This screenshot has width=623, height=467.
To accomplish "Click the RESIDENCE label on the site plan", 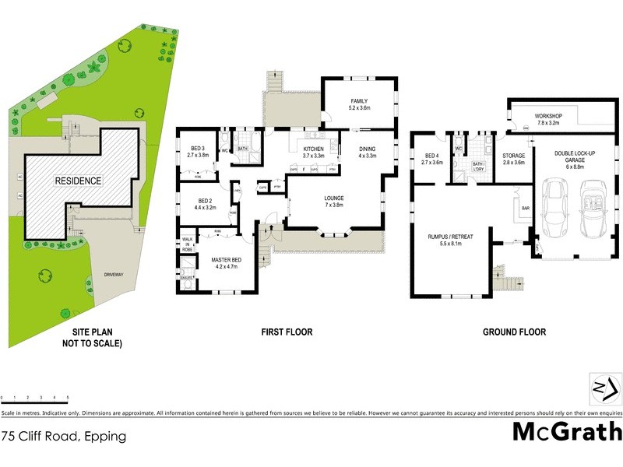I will (x=77, y=181).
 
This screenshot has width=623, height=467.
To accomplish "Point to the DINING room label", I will (x=367, y=152).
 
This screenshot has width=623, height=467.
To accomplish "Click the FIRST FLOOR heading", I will (x=287, y=332).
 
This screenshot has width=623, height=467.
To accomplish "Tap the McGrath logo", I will (x=566, y=430).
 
